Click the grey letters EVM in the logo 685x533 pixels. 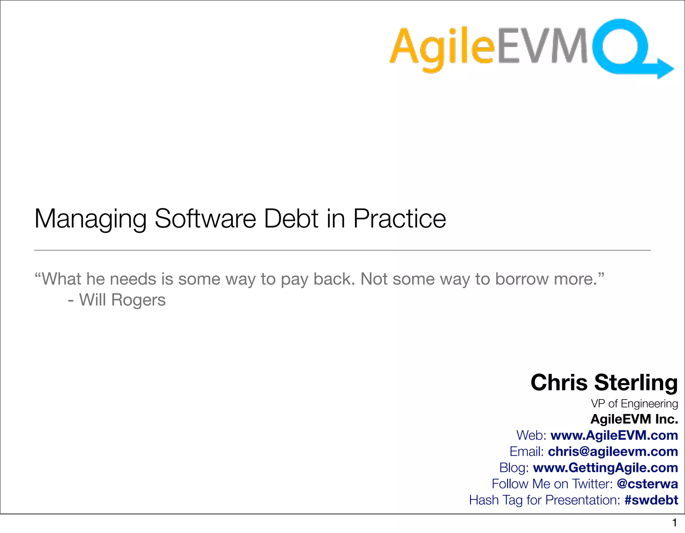tap(542, 46)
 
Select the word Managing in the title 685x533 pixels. tap(90, 219)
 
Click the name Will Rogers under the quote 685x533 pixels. tap(122, 300)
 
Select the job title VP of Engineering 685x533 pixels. tap(634, 404)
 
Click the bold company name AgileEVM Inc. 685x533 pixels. tap(634, 419)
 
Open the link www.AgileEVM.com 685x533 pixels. tap(614, 435)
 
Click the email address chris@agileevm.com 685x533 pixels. tap(613, 451)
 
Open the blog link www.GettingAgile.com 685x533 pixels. tap(605, 467)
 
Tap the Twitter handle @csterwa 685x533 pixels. tap(647, 484)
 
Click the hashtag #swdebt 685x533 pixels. tap(651, 500)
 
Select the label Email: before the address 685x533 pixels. tap(526, 451)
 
